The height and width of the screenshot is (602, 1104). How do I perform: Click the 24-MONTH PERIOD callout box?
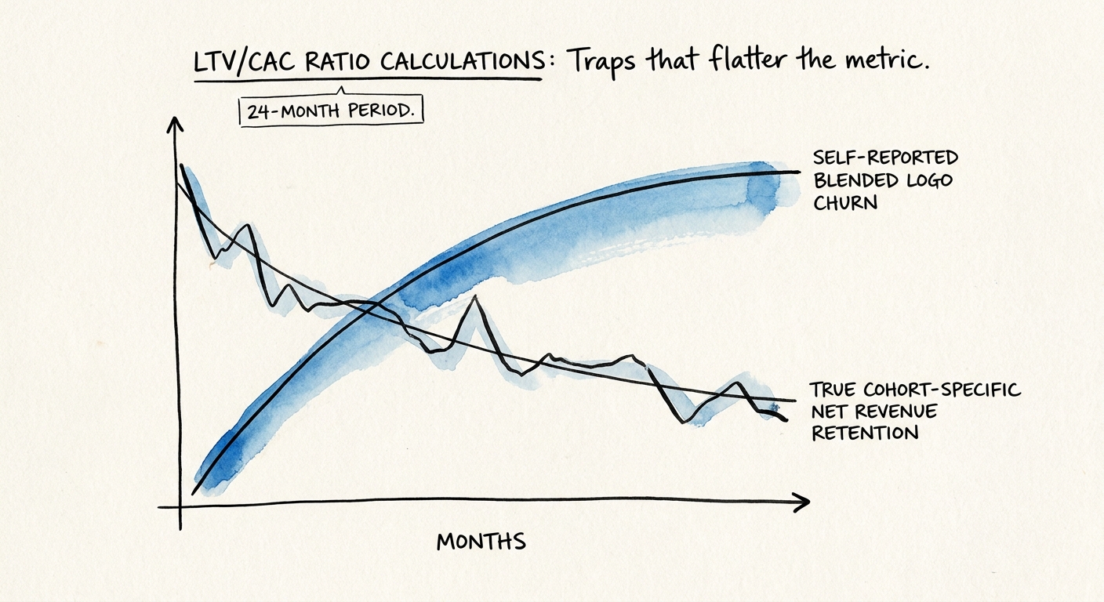tap(330, 111)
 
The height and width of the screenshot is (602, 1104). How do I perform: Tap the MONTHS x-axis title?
tap(481, 542)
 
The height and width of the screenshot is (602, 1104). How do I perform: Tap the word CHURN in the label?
tap(845, 203)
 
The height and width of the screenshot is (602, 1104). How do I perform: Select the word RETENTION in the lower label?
tap(864, 433)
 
